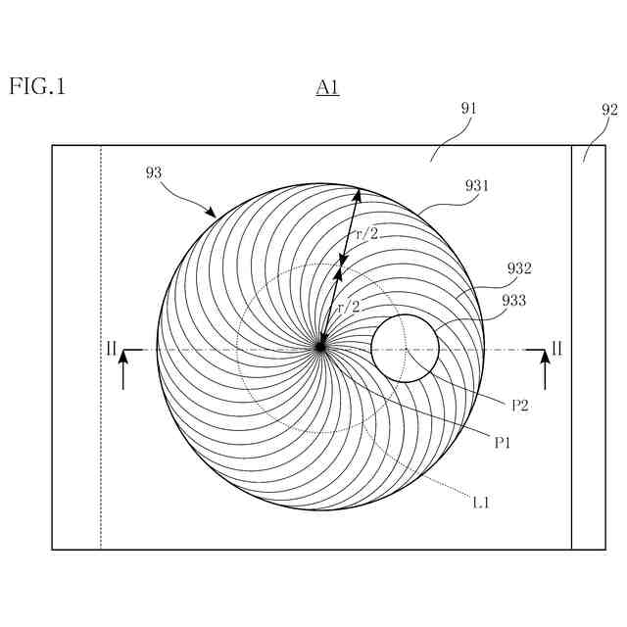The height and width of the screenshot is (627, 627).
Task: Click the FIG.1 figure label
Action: click(x=37, y=86)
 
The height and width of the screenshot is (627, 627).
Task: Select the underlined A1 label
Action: click(x=327, y=88)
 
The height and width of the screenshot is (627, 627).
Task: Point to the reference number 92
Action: click(x=609, y=110)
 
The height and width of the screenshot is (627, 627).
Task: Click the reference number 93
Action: click(x=153, y=173)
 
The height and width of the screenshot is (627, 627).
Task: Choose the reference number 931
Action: click(x=477, y=185)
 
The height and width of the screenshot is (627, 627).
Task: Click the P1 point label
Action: click(x=504, y=443)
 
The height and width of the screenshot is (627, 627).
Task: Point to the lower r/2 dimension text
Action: click(x=349, y=307)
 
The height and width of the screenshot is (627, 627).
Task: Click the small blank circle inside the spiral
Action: click(x=404, y=348)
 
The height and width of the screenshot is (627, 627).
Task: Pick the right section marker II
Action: click(x=556, y=348)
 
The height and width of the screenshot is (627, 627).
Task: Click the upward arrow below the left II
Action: click(x=123, y=370)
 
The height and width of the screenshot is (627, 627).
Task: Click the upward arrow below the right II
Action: click(x=545, y=370)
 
